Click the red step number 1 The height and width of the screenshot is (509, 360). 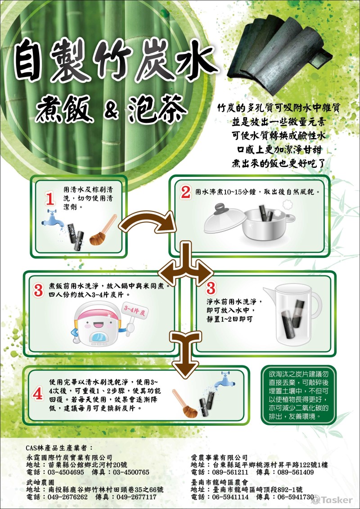(50, 198)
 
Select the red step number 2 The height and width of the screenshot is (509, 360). (185, 193)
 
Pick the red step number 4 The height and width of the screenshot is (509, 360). (38, 393)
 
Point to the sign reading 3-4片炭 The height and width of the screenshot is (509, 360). (134, 311)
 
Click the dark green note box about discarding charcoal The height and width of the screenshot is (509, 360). (298, 395)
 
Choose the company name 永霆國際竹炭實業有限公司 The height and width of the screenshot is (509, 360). (69, 457)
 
